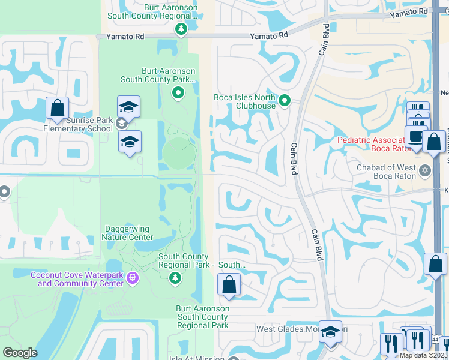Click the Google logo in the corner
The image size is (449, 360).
click(20, 353)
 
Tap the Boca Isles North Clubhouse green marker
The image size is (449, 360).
click(285, 101)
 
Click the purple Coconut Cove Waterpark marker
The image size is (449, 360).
click(133, 278)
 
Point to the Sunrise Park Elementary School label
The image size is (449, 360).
click(78, 124)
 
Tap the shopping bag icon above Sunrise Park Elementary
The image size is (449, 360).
click(58, 108)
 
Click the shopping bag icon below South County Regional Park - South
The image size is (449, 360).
click(229, 284)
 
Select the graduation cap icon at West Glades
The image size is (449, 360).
click(330, 332)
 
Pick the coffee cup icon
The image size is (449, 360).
click(415, 136)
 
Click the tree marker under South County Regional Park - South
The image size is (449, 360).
click(175, 277)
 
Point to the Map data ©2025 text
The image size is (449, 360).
click(423, 355)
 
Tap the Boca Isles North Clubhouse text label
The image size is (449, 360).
click(244, 101)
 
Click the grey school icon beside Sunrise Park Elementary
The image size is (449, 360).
click(121, 124)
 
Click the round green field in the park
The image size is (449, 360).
click(179, 153)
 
